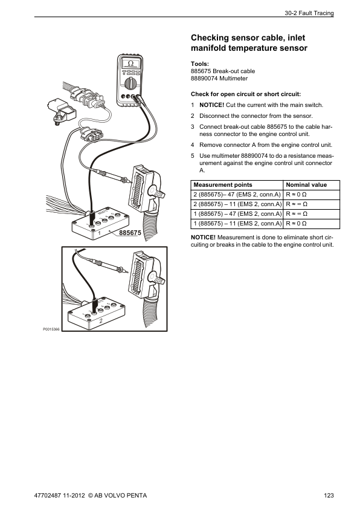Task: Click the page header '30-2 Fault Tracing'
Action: pyautogui.click(x=308, y=13)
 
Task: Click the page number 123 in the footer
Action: pyautogui.click(x=329, y=496)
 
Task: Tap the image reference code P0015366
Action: pyautogui.click(x=51, y=329)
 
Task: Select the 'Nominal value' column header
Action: pyautogui.click(x=306, y=185)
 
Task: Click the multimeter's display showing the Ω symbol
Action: pyautogui.click(x=131, y=63)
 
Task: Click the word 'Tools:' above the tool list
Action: pyautogui.click(x=200, y=64)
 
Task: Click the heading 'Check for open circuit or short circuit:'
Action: pyautogui.click(x=237, y=94)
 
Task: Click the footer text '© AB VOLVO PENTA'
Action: pyautogui.click(x=117, y=496)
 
